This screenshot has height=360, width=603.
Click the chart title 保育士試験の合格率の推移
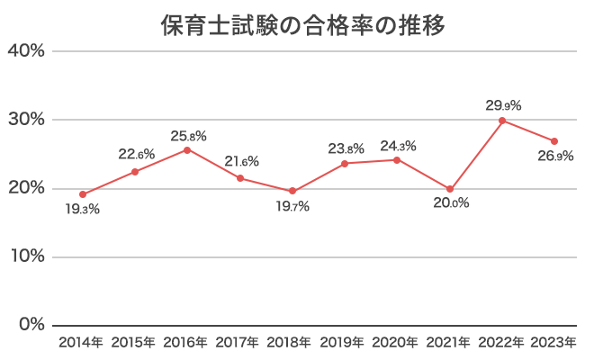pyautogui.click(x=301, y=24)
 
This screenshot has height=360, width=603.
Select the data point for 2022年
pyautogui.click(x=502, y=121)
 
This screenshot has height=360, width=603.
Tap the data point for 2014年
pyautogui.click(x=83, y=194)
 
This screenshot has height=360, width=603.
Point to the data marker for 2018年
pyautogui.click(x=292, y=191)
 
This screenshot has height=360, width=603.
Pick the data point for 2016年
pyautogui.click(x=187, y=149)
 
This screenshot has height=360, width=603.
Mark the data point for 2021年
pyautogui.click(x=450, y=189)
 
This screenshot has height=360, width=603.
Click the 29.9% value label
pyautogui.click(x=503, y=105)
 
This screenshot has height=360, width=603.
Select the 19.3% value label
pyautogui.click(x=82, y=210)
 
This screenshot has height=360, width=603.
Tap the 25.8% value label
pyautogui.click(x=188, y=136)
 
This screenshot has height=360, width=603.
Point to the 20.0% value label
pyautogui.click(x=450, y=203)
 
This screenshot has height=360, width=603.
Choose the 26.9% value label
pyautogui.click(x=555, y=156)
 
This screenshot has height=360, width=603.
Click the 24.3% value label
pyautogui.click(x=398, y=145)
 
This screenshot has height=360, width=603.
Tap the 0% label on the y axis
pyautogui.click(x=31, y=325)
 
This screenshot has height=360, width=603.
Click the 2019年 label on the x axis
pyautogui.click(x=345, y=342)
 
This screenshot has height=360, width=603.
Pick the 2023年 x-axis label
pyautogui.click(x=554, y=342)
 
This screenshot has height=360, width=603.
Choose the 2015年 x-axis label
pyautogui.click(x=135, y=342)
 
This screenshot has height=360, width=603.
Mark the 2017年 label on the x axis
pyautogui.click(x=240, y=342)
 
